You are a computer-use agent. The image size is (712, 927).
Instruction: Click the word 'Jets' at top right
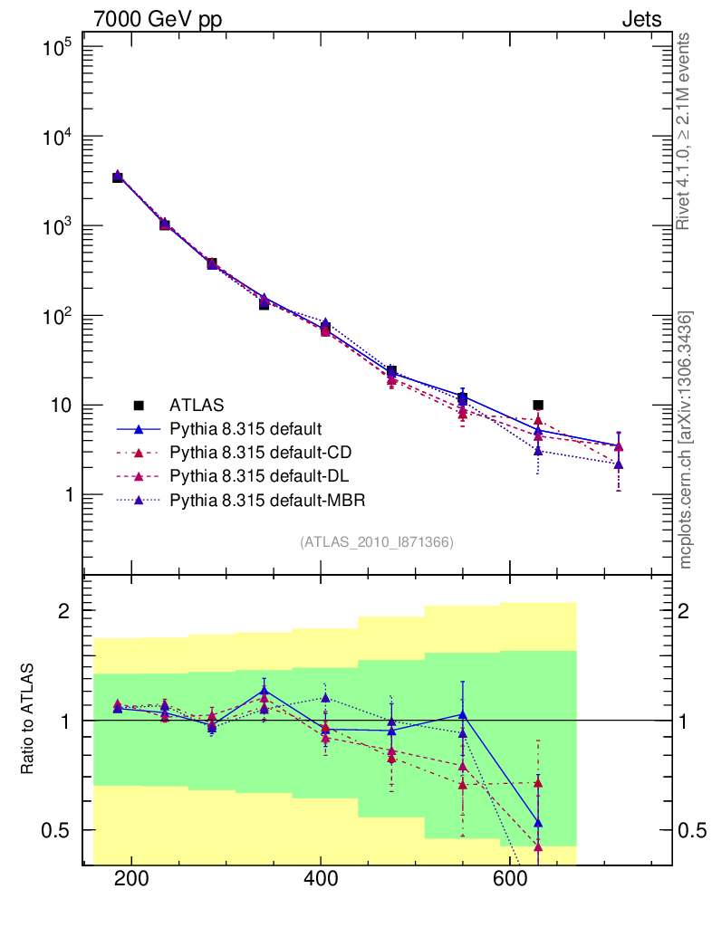click(x=640, y=19)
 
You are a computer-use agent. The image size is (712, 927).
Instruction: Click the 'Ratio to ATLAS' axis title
click(x=28, y=720)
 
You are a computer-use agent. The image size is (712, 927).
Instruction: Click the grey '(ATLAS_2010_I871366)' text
click(x=377, y=541)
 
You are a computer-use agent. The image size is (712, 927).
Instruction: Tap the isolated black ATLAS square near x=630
click(x=538, y=405)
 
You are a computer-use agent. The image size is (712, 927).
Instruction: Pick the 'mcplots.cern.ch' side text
click(x=686, y=440)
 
